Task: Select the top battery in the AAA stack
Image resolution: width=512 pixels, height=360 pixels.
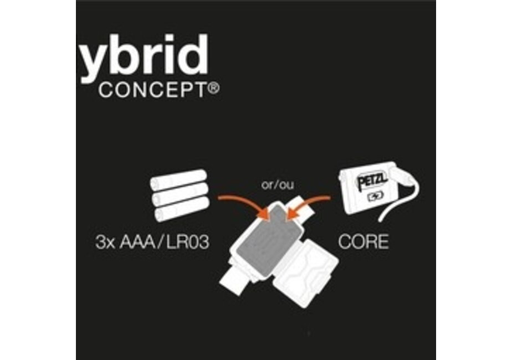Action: (x=178, y=179)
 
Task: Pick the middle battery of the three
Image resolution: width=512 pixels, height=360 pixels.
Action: (x=180, y=193)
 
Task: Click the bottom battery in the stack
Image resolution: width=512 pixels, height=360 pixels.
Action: (x=182, y=209)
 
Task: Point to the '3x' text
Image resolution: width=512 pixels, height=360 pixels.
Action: (x=105, y=242)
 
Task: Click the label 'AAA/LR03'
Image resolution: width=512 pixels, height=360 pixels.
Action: (x=164, y=242)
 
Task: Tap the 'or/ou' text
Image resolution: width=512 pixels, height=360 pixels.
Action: (x=278, y=185)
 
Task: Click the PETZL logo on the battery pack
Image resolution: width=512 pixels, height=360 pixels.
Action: (x=372, y=180)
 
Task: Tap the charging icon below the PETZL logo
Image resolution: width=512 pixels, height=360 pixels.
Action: (x=376, y=196)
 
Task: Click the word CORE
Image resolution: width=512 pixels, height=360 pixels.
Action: (x=363, y=241)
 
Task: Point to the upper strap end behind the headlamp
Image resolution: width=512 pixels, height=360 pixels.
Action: (x=303, y=209)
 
